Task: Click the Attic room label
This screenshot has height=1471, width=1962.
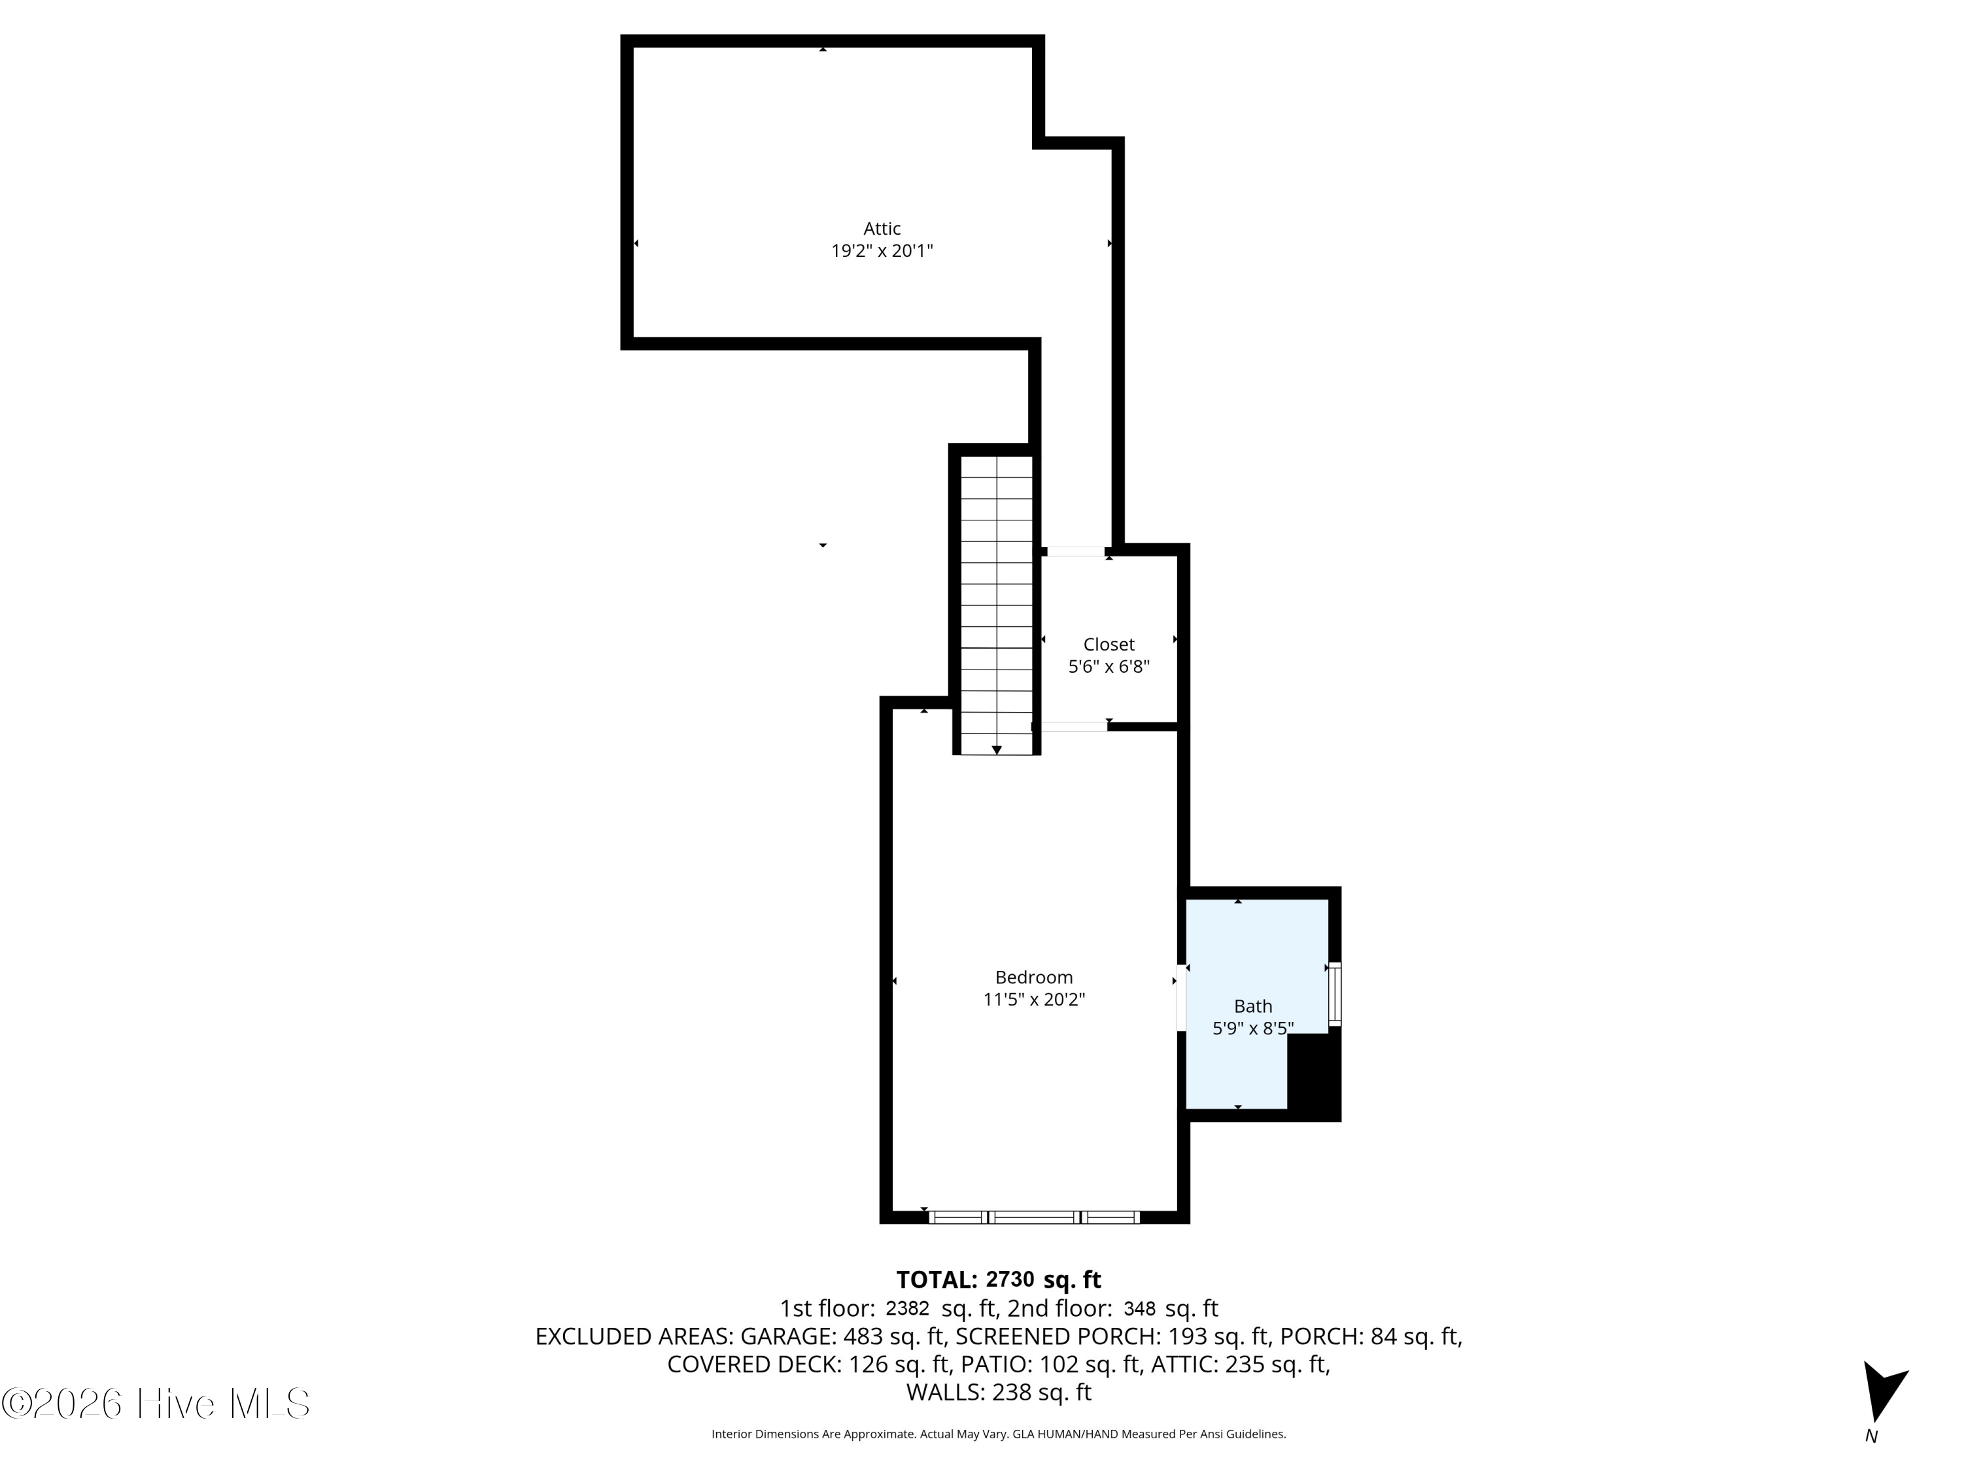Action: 882,229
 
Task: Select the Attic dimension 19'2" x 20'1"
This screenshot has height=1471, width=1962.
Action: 882,251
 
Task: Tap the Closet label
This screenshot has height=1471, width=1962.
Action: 1109,645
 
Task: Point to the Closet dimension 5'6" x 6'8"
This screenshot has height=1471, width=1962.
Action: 1109,667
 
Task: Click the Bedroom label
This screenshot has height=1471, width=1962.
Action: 1034,977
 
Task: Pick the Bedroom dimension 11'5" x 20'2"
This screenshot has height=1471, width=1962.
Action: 1034,999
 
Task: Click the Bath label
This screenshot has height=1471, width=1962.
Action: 1253,1006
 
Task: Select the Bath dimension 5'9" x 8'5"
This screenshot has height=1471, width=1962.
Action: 1253,1028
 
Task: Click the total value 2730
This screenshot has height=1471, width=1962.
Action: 1010,1279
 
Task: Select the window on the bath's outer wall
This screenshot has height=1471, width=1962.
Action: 1335,994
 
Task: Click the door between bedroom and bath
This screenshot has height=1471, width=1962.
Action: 1182,999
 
